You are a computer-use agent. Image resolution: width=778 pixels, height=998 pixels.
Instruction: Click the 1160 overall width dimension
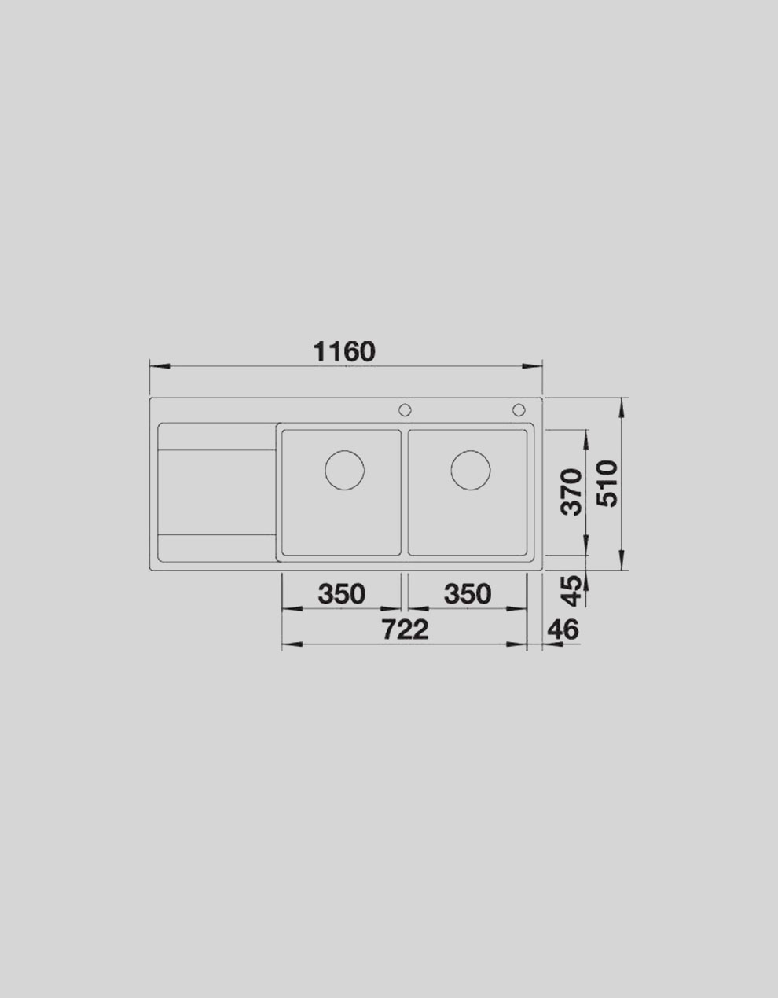pos(344,352)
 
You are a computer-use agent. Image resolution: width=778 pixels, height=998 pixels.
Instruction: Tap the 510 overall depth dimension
pos(610,483)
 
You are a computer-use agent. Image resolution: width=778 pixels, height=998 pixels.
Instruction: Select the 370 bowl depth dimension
pos(573,492)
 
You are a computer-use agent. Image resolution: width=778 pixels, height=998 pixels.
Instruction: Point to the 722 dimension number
pos(405,629)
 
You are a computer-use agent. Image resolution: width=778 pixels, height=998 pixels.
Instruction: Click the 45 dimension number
pos(572,591)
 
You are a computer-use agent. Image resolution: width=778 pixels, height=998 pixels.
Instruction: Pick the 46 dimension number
pos(563,629)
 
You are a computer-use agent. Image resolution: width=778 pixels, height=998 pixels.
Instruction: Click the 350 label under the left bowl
pos(342,593)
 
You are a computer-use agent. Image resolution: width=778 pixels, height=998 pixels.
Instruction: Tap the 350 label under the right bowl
pos(468,593)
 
